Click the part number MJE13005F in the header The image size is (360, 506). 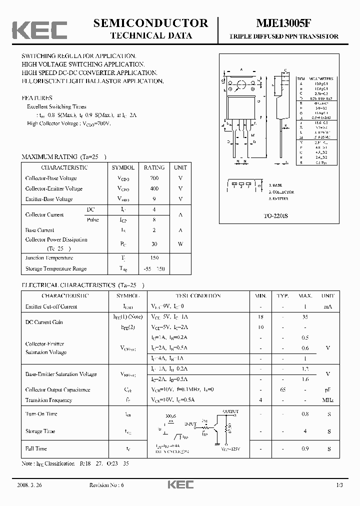[x=283, y=23]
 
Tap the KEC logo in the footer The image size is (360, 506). [x=180, y=485]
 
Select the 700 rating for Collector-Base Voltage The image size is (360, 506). [x=154, y=178]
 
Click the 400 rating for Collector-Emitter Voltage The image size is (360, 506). [x=154, y=188]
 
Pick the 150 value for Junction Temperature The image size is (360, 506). [x=154, y=258]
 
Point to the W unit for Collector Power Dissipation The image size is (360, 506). [x=180, y=244]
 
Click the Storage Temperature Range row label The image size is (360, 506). [x=56, y=269]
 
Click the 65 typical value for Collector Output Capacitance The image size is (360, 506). [x=283, y=389]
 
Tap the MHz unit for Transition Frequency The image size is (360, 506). [x=328, y=400]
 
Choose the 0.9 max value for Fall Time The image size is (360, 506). [x=305, y=449]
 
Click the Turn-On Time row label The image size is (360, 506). [x=41, y=414]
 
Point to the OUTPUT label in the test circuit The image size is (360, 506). [x=230, y=411]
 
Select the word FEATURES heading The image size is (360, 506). [x=37, y=98]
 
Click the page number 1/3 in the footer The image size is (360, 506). [x=339, y=485]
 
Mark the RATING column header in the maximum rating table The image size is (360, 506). [x=154, y=167]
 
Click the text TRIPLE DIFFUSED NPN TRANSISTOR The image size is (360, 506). [x=283, y=36]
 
